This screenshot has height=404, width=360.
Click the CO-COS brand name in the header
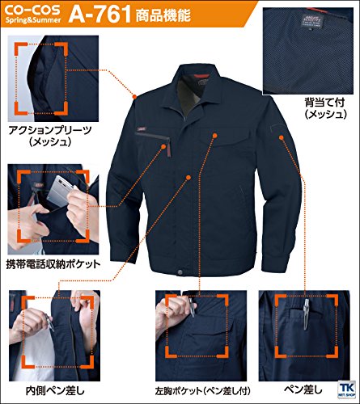coord(32,10)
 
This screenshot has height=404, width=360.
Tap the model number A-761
coord(100,15)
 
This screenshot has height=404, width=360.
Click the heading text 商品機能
coord(163,15)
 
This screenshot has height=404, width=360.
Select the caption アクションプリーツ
coord(50,131)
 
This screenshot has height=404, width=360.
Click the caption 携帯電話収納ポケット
coord(53,264)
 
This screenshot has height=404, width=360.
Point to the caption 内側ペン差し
coord(55,391)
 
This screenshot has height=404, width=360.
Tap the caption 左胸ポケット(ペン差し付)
coord(202,391)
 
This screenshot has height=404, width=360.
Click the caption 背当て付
coord(324,103)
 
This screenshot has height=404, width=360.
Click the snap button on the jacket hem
coord(180,272)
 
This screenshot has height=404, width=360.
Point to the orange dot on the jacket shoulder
coord(135,96)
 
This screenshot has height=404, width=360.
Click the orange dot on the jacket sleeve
coord(282,137)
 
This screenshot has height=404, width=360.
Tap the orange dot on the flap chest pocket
coord(215,135)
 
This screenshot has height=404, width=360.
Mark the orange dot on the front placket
coord(188,177)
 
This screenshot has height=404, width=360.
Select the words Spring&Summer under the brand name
coord(33,20)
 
